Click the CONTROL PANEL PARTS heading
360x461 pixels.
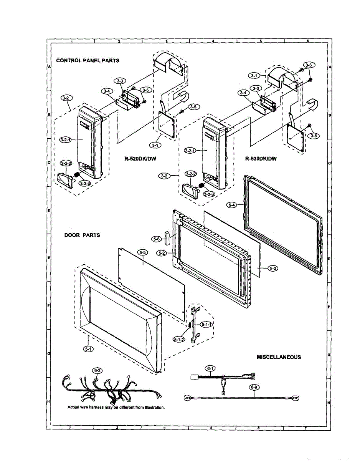point(88,60)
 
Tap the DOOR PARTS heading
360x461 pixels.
point(82,235)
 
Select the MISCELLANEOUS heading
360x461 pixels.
point(279,357)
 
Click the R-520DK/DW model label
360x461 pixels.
point(140,158)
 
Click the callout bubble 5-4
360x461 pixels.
point(231,206)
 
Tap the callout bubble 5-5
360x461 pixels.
point(142,252)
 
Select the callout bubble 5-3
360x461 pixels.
point(273,269)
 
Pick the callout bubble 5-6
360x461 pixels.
point(156,239)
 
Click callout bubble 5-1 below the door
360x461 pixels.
point(88,349)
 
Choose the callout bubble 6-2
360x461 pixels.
point(97,370)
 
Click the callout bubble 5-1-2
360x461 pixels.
point(178,339)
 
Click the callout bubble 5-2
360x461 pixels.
point(162,253)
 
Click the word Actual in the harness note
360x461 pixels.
point(74,407)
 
